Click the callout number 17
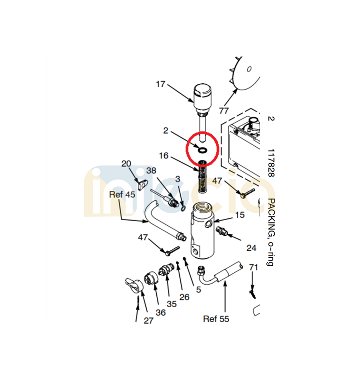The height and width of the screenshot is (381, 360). [x=160, y=84]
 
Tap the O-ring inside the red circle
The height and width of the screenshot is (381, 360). [x=202, y=151]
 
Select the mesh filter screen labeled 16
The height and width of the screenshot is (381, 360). [x=202, y=177]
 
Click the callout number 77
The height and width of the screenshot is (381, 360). [x=224, y=111]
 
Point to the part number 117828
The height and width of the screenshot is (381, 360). [x=271, y=163]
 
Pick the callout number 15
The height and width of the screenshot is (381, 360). [x=240, y=215]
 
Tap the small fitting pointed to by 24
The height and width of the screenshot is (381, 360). [x=222, y=231]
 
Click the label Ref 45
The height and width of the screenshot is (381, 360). [x=122, y=194]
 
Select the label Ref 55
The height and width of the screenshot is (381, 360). [x=216, y=319]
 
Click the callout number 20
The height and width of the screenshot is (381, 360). [x=126, y=164]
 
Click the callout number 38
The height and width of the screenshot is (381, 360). [x=151, y=170]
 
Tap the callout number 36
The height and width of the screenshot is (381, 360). [x=160, y=312]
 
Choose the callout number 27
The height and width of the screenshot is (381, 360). [x=148, y=320]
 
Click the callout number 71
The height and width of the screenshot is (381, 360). [x=253, y=267]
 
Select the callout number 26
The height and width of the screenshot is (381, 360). [x=184, y=297]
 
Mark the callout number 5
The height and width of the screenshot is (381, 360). [x=199, y=289]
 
